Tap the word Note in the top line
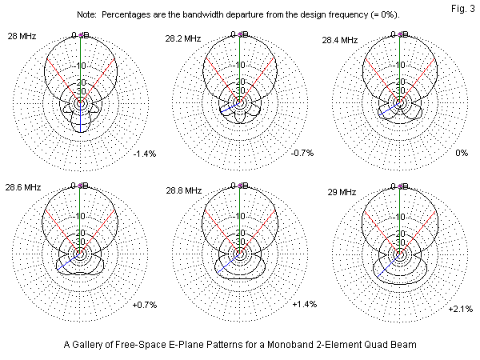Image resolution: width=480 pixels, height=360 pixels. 86,15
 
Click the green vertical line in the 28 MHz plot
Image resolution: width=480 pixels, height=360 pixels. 80,64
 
